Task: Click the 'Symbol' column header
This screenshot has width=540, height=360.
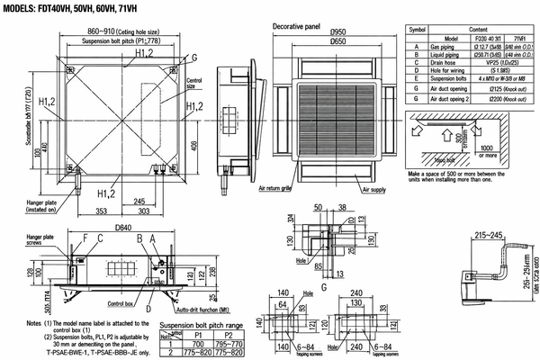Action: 417,30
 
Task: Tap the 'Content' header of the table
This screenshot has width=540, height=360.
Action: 485,30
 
